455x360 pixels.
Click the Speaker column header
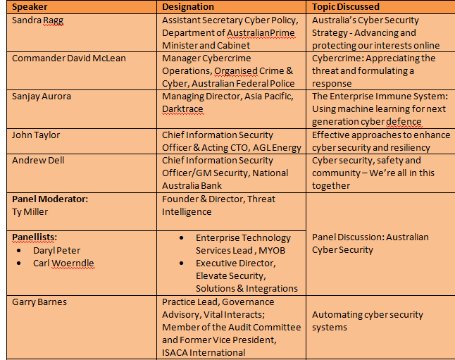pyautogui.click(x=31, y=6)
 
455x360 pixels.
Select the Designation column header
pyautogui.click(x=188, y=6)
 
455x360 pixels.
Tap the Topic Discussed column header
pyautogui.click(x=346, y=6)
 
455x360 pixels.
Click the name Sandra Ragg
pyautogui.click(x=37, y=20)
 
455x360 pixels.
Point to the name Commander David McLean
pyautogui.click(x=69, y=58)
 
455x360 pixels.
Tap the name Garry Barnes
pyautogui.click(x=39, y=302)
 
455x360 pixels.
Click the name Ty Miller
pyautogui.click(x=30, y=211)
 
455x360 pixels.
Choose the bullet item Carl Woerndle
pyautogui.click(x=63, y=263)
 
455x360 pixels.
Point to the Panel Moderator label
pyautogui.click(x=50, y=199)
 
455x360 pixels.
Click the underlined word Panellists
pyautogui.click(x=36, y=237)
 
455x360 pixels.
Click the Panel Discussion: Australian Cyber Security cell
pyautogui.click(x=370, y=243)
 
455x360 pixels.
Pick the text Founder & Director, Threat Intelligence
pyautogui.click(x=218, y=205)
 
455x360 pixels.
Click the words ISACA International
pyautogui.click(x=204, y=352)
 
